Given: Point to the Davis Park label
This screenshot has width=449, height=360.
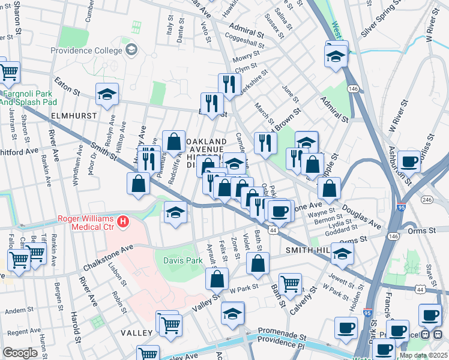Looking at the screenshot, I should [182, 260].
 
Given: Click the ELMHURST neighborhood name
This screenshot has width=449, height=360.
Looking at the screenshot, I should [23, 112].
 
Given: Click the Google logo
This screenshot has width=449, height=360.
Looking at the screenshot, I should [20, 353].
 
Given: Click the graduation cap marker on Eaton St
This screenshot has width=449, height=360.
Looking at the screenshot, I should [107, 94].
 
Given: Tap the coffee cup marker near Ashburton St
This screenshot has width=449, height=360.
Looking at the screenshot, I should [409, 161].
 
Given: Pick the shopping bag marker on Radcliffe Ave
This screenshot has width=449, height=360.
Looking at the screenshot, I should [173, 142].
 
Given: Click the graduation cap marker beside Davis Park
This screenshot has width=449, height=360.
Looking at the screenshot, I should [175, 212].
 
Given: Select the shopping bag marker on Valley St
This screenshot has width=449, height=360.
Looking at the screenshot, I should [217, 278].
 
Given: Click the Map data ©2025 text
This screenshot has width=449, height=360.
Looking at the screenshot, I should [423, 355].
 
